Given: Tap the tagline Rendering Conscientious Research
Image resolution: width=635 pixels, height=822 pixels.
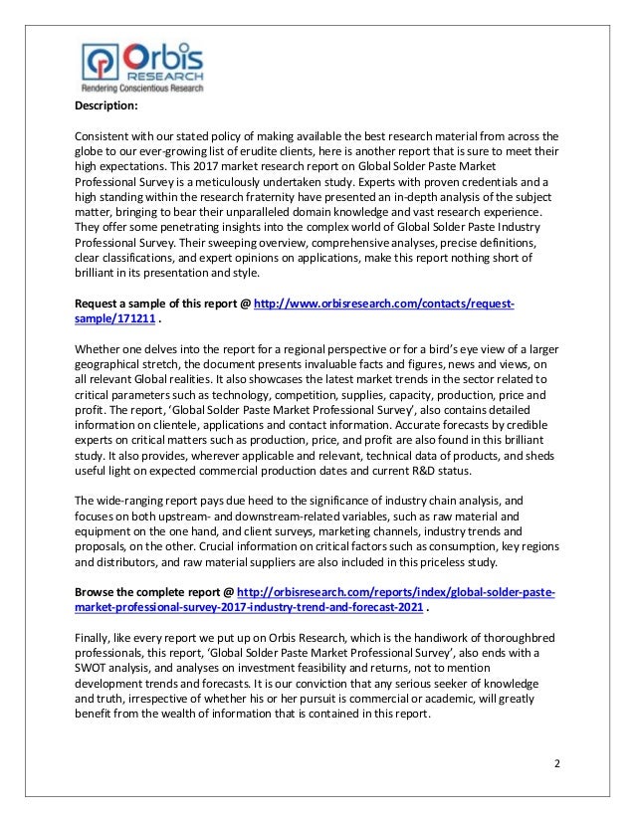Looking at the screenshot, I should click(141, 89).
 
